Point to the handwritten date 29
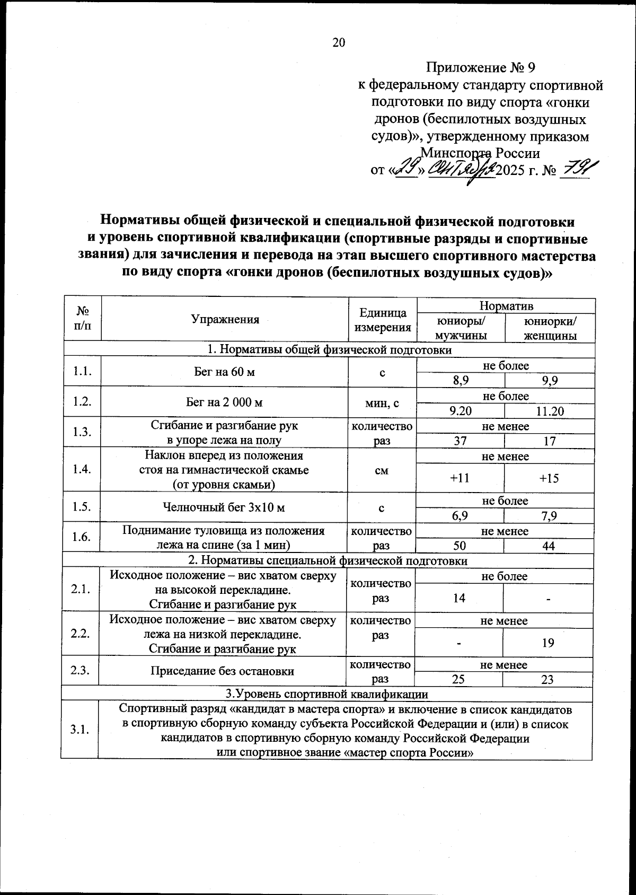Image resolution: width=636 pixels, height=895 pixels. click(408, 170)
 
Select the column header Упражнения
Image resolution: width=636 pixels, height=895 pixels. click(225, 319)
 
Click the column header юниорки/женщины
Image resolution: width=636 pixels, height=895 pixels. click(550, 328)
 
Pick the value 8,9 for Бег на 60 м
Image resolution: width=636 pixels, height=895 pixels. click(460, 380)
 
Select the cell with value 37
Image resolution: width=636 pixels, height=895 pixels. click(460, 441)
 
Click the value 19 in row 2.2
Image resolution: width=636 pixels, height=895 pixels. click(548, 643)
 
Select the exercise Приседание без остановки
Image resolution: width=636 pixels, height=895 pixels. click(223, 671)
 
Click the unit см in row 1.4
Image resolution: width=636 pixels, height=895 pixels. click(382, 470)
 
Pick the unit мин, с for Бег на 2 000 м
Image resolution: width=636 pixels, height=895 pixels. click(382, 402)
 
